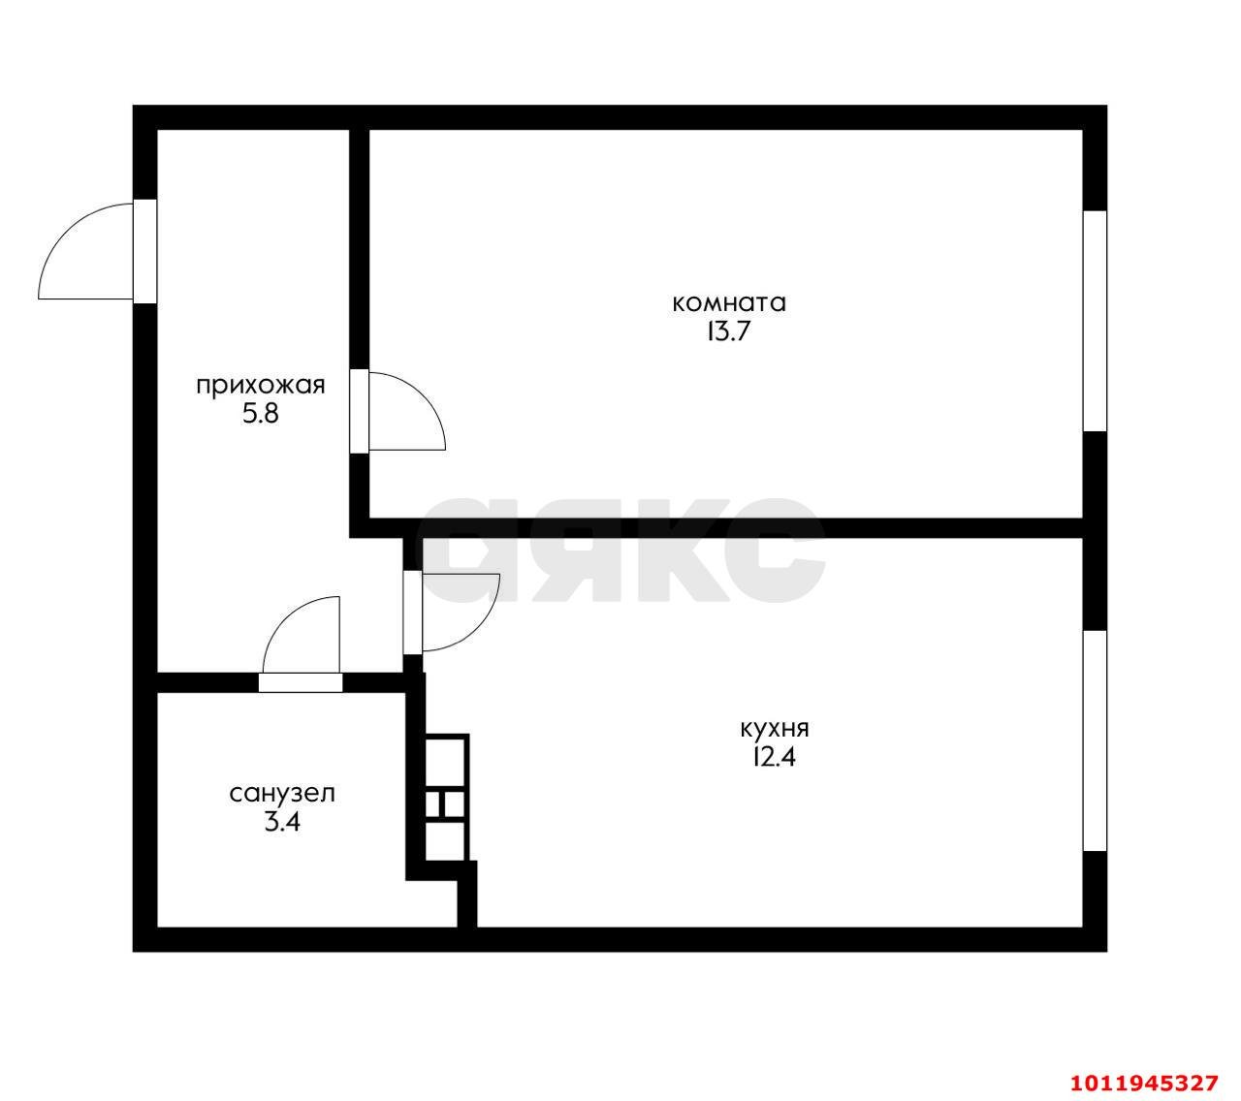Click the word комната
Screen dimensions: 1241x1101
coord(728,303)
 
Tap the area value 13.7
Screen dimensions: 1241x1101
coord(728,332)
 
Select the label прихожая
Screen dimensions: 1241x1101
coord(261,387)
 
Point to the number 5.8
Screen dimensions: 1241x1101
coord(261,415)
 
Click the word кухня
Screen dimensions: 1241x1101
coord(775,729)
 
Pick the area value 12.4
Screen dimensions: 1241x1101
coord(775,758)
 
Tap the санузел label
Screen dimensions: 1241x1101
coord(282,794)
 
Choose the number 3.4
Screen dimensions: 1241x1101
coord(282,823)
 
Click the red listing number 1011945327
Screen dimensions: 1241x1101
coord(1145,1066)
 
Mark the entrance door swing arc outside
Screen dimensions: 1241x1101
coord(66,230)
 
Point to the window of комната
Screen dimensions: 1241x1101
coord(1095,322)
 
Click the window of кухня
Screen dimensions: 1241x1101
coord(1095,740)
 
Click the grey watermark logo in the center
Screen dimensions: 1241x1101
coord(623,550)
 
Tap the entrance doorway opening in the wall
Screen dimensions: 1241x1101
coord(145,251)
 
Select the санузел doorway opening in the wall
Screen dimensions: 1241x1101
coord(301,682)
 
